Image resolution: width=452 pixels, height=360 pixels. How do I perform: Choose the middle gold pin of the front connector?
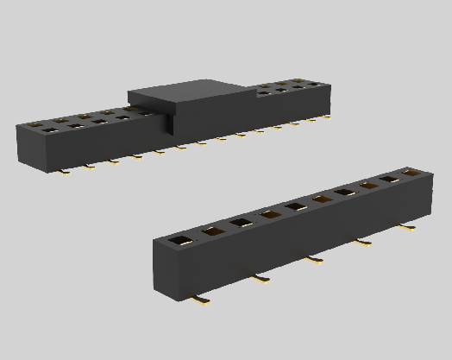point(314,259)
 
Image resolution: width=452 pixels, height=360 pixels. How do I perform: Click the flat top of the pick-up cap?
point(190,92)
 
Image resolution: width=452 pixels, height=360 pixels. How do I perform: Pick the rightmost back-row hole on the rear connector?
point(322,82)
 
